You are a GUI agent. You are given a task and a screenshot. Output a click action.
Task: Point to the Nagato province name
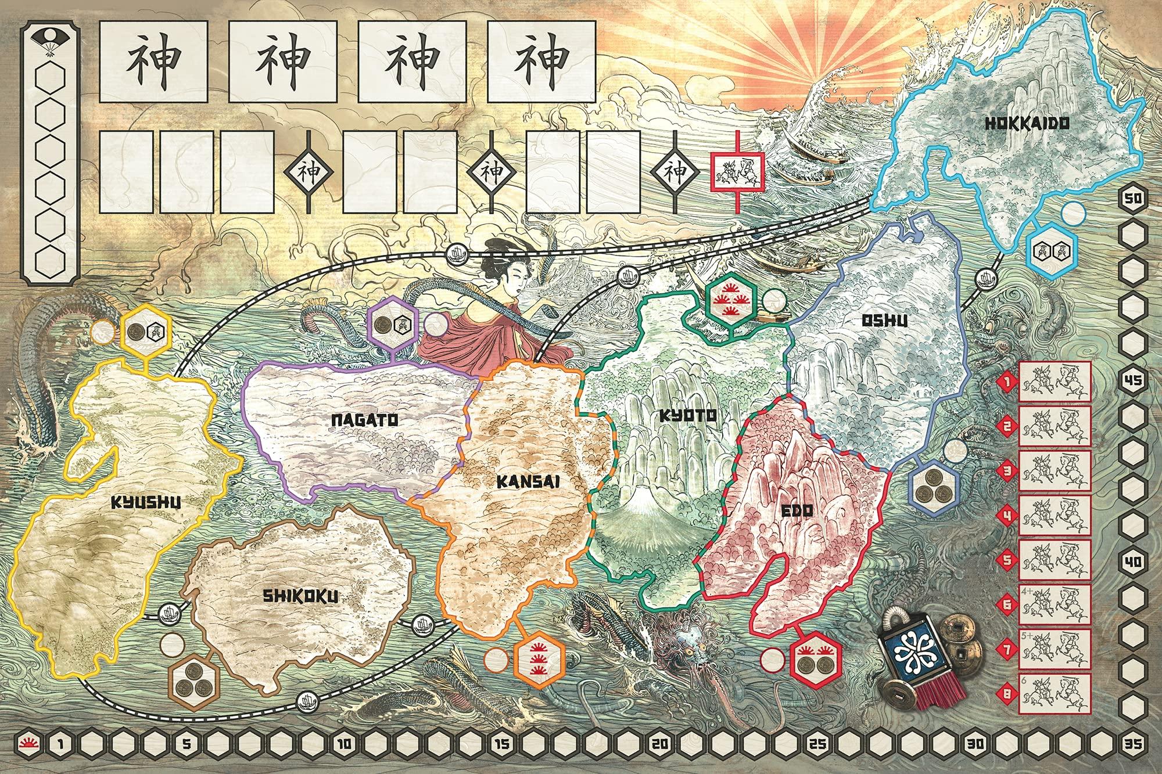point(356,422)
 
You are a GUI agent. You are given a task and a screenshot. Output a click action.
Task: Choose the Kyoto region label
point(688,415)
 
